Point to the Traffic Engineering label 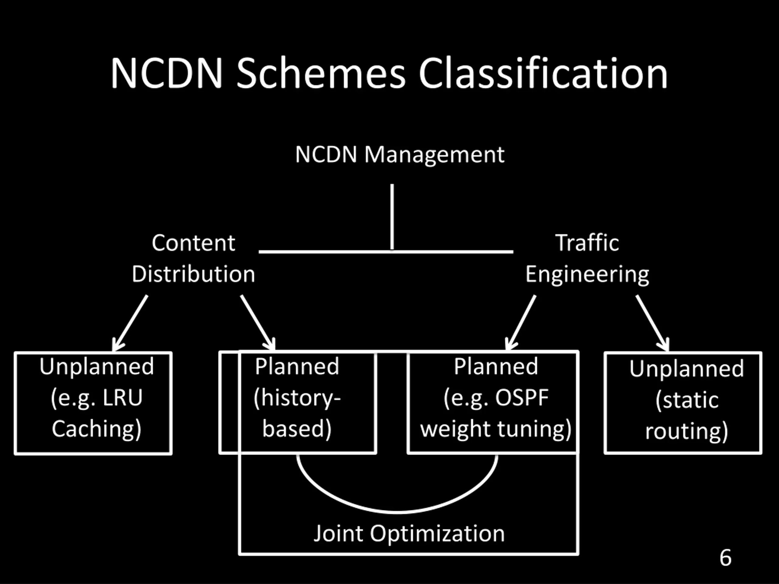(x=587, y=259)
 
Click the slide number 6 (x=725, y=558)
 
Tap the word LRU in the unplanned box (x=123, y=398)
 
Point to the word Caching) (x=96, y=429)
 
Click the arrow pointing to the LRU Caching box (x=130, y=323)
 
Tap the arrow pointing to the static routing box (x=653, y=323)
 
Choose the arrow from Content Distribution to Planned (x=258, y=323)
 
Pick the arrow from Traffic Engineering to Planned (x=521, y=323)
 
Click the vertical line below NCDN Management (x=392, y=217)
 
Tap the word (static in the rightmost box (x=687, y=400)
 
